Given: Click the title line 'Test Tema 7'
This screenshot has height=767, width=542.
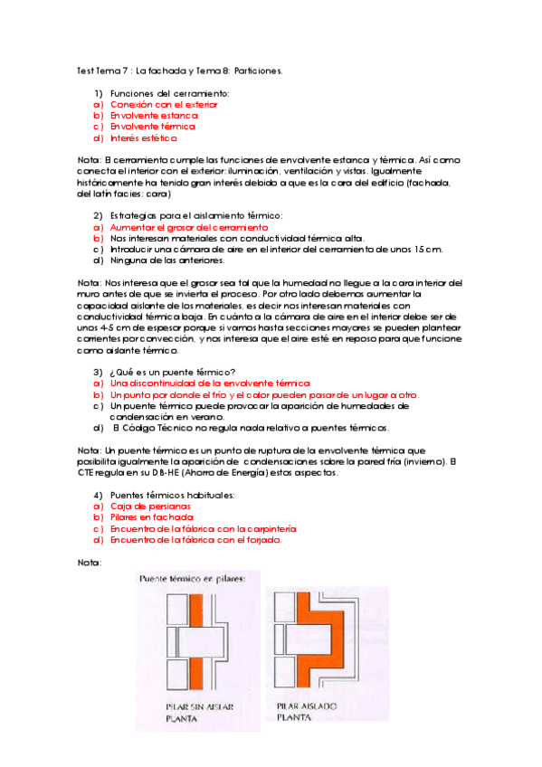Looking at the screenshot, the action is point(102,71).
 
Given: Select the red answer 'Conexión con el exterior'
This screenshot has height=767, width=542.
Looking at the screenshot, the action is point(164,105).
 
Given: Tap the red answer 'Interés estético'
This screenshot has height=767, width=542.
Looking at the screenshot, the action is point(144,138).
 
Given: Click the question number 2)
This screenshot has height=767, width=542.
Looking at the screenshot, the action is point(98,215).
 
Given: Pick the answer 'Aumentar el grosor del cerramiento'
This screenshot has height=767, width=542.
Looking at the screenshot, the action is point(189,227).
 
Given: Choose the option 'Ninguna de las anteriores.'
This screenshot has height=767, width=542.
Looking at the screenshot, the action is point(167,260).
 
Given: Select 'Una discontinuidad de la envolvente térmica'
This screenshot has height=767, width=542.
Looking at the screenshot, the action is point(210,383).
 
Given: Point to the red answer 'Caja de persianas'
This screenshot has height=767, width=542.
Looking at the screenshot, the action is point(150,507).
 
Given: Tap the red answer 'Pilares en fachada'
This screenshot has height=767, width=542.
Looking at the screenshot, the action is point(152,517).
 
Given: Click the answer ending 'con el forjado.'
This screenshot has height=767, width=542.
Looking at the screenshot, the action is point(195,540).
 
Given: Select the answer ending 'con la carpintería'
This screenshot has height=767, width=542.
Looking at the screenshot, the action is point(203,529).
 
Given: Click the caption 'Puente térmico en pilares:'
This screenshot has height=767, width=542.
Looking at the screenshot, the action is point(192,579).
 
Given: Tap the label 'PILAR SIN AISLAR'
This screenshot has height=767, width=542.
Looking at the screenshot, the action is point(200,706).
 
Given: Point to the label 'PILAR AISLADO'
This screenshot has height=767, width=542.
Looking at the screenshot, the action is point(307,705).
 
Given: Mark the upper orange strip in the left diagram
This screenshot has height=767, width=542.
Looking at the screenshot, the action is point(196,610).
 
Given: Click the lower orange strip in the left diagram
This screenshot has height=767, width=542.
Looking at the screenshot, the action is point(196,673).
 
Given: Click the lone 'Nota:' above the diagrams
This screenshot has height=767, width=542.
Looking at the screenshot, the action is point(90,563).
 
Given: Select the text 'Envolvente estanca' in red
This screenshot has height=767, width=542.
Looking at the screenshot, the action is point(154,116).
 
